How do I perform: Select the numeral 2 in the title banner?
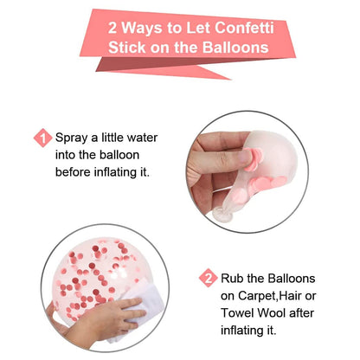[x=113, y=25]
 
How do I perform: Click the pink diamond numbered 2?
[x=208, y=278]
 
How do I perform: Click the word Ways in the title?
[x=145, y=25]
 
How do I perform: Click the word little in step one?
[x=110, y=137]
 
